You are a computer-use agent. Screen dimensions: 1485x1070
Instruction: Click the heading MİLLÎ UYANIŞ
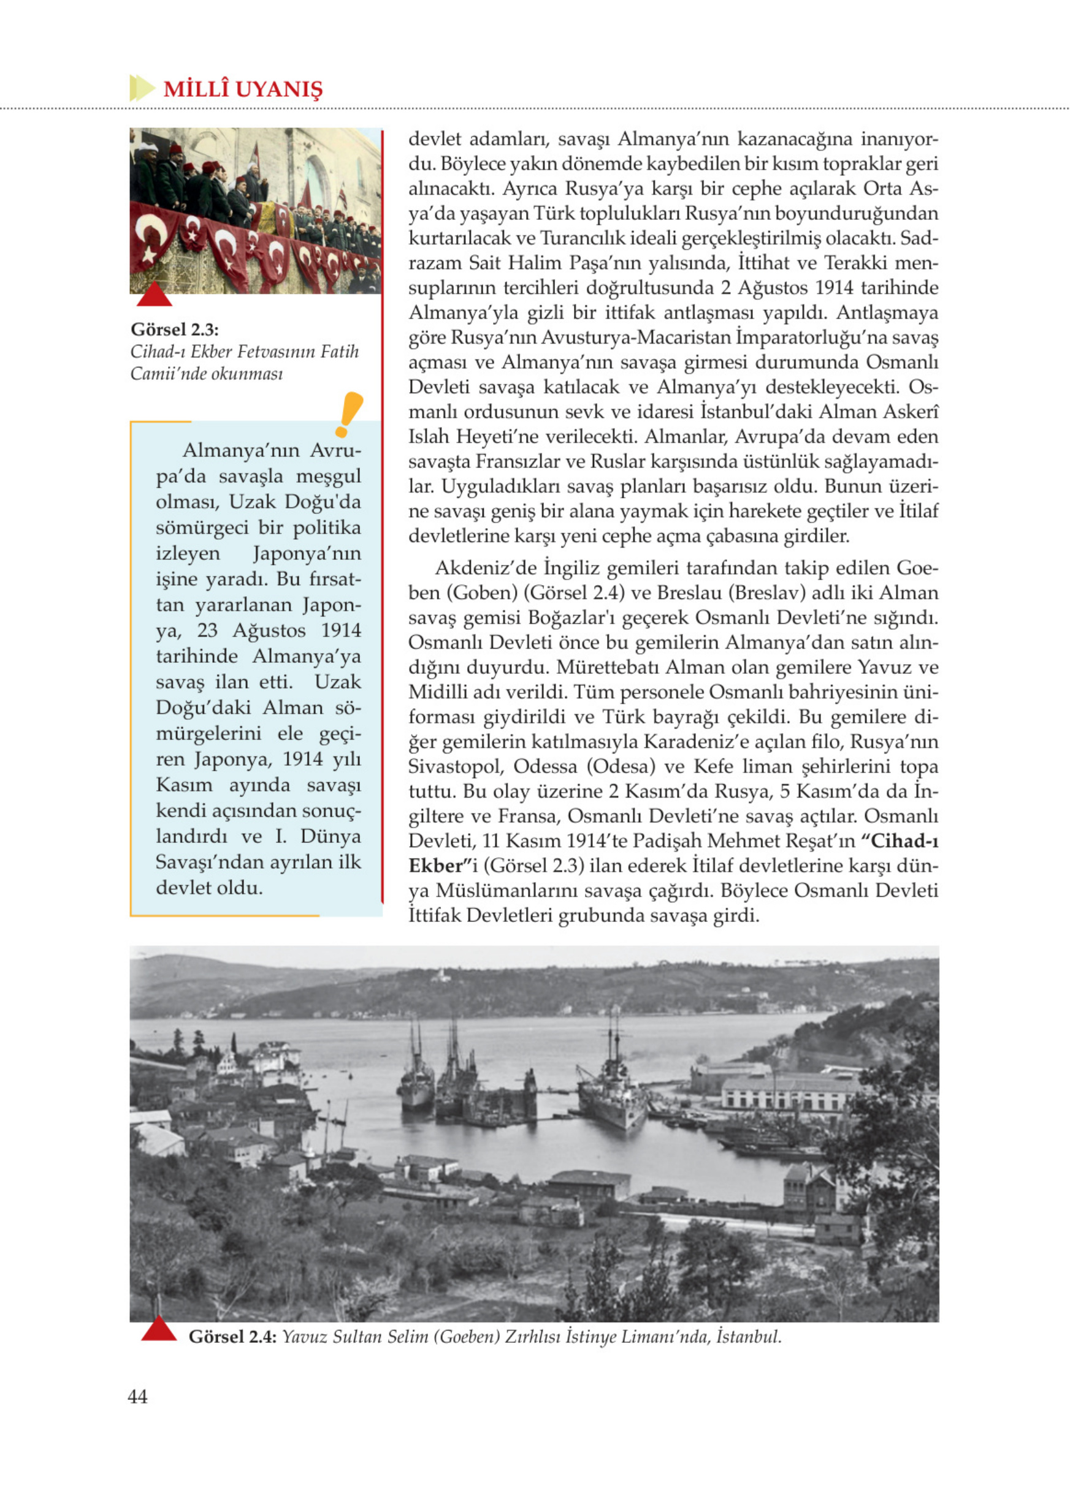(242, 89)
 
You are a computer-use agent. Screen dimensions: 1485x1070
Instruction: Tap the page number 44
(137, 1397)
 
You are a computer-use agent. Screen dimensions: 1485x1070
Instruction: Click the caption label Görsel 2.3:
(174, 330)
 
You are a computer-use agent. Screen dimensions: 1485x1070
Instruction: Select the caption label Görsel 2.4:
(232, 1336)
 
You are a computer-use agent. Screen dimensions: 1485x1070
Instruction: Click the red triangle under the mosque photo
(154, 295)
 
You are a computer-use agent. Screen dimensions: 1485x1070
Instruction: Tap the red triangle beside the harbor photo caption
(159, 1329)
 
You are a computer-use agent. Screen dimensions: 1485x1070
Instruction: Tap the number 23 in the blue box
(207, 630)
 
